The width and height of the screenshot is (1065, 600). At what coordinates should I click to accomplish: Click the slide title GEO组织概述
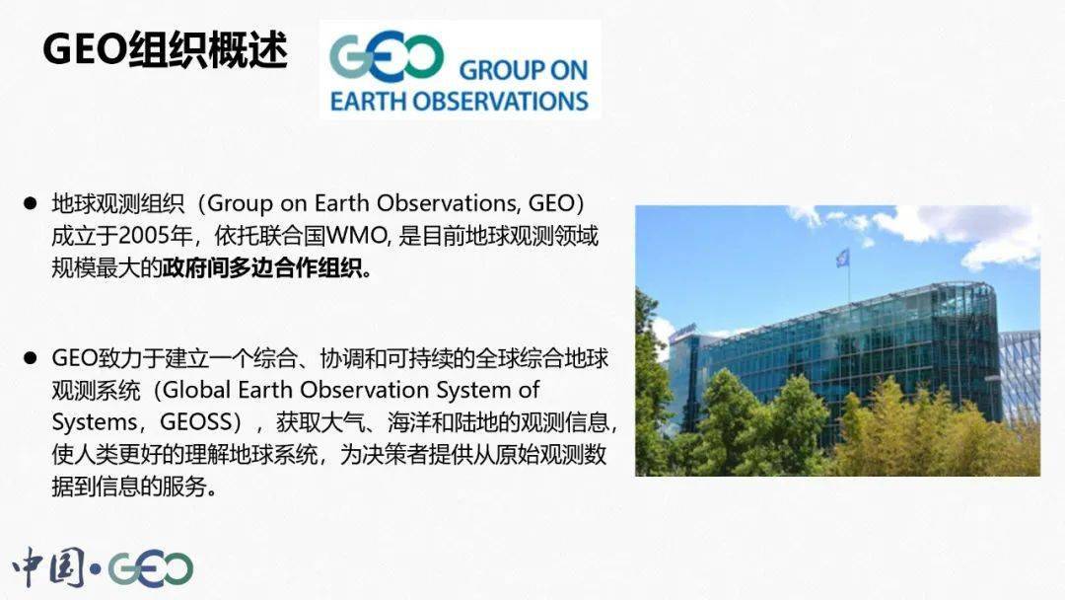coord(164,49)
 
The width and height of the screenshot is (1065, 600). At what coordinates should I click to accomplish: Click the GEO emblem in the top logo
coord(386,58)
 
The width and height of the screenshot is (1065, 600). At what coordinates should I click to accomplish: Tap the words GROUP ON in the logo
coord(523,70)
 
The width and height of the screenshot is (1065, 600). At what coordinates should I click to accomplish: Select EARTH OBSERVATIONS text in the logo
coord(459,101)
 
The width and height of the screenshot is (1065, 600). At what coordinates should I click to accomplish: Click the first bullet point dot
coord(31,203)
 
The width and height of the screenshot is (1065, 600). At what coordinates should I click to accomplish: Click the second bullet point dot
coord(31,356)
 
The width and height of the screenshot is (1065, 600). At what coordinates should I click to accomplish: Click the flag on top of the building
coord(842,258)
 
